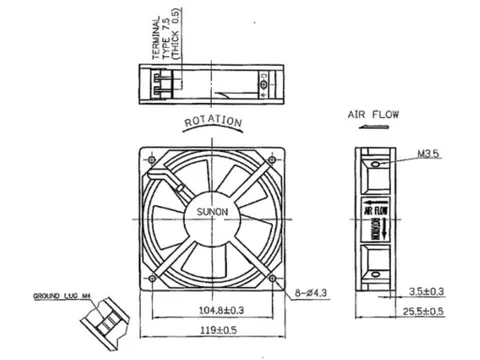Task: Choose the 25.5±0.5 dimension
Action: tap(427, 312)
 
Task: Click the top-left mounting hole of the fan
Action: tap(150, 160)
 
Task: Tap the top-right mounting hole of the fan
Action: tap(272, 160)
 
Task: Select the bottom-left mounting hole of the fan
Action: tap(150, 279)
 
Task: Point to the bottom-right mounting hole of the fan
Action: tap(272, 279)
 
